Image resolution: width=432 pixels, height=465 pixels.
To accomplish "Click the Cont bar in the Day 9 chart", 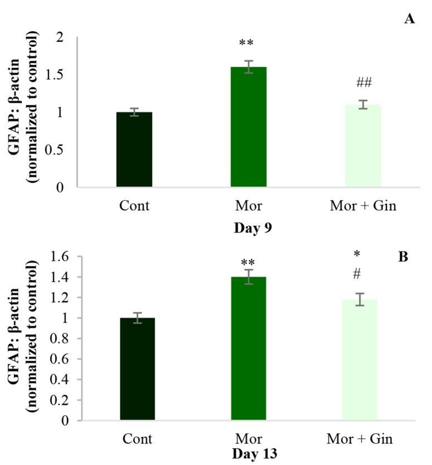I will pyautogui.click(x=134, y=149).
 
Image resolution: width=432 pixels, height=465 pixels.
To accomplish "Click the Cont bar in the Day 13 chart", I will pyautogui.click(x=137, y=369).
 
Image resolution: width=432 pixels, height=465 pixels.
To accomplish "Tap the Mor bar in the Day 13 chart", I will pyautogui.click(x=249, y=348).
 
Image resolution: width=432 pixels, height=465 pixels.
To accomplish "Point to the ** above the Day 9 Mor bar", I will pyautogui.click(x=246, y=43).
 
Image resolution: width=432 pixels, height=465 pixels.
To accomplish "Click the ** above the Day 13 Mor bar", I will pyautogui.click(x=248, y=263).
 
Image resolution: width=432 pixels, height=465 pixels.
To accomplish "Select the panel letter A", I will pyautogui.click(x=410, y=19).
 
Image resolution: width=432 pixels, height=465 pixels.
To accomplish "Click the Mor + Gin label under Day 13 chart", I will pyautogui.click(x=360, y=439).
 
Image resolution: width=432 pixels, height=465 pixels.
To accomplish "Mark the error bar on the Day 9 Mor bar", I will pyautogui.click(x=249, y=67).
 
